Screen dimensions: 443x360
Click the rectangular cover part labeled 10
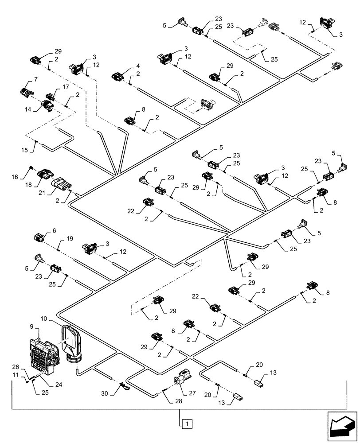coord(72,342)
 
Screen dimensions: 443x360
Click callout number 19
coord(70,238)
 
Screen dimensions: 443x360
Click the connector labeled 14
coord(47,105)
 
